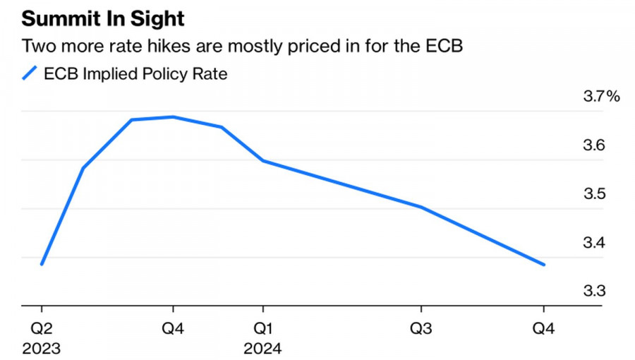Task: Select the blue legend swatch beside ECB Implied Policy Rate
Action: pyautogui.click(x=29, y=73)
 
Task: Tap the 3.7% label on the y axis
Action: pyautogui.click(x=600, y=97)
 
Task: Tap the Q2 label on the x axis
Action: pyautogui.click(x=42, y=328)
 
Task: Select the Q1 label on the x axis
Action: pyautogui.click(x=262, y=328)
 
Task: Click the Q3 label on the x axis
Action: pyautogui.click(x=421, y=328)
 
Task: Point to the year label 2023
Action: pyautogui.click(x=42, y=348)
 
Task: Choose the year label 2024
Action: pyautogui.click(x=262, y=348)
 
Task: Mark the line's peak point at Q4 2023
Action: pyautogui.click(x=174, y=116)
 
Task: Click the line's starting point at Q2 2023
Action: pyautogui.click(x=42, y=264)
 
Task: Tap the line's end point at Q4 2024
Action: pyautogui.click(x=544, y=265)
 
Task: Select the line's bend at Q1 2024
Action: pyautogui.click(x=262, y=161)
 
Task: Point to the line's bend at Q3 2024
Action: pyautogui.click(x=421, y=207)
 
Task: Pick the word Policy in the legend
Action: pyautogui.click(x=169, y=73)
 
